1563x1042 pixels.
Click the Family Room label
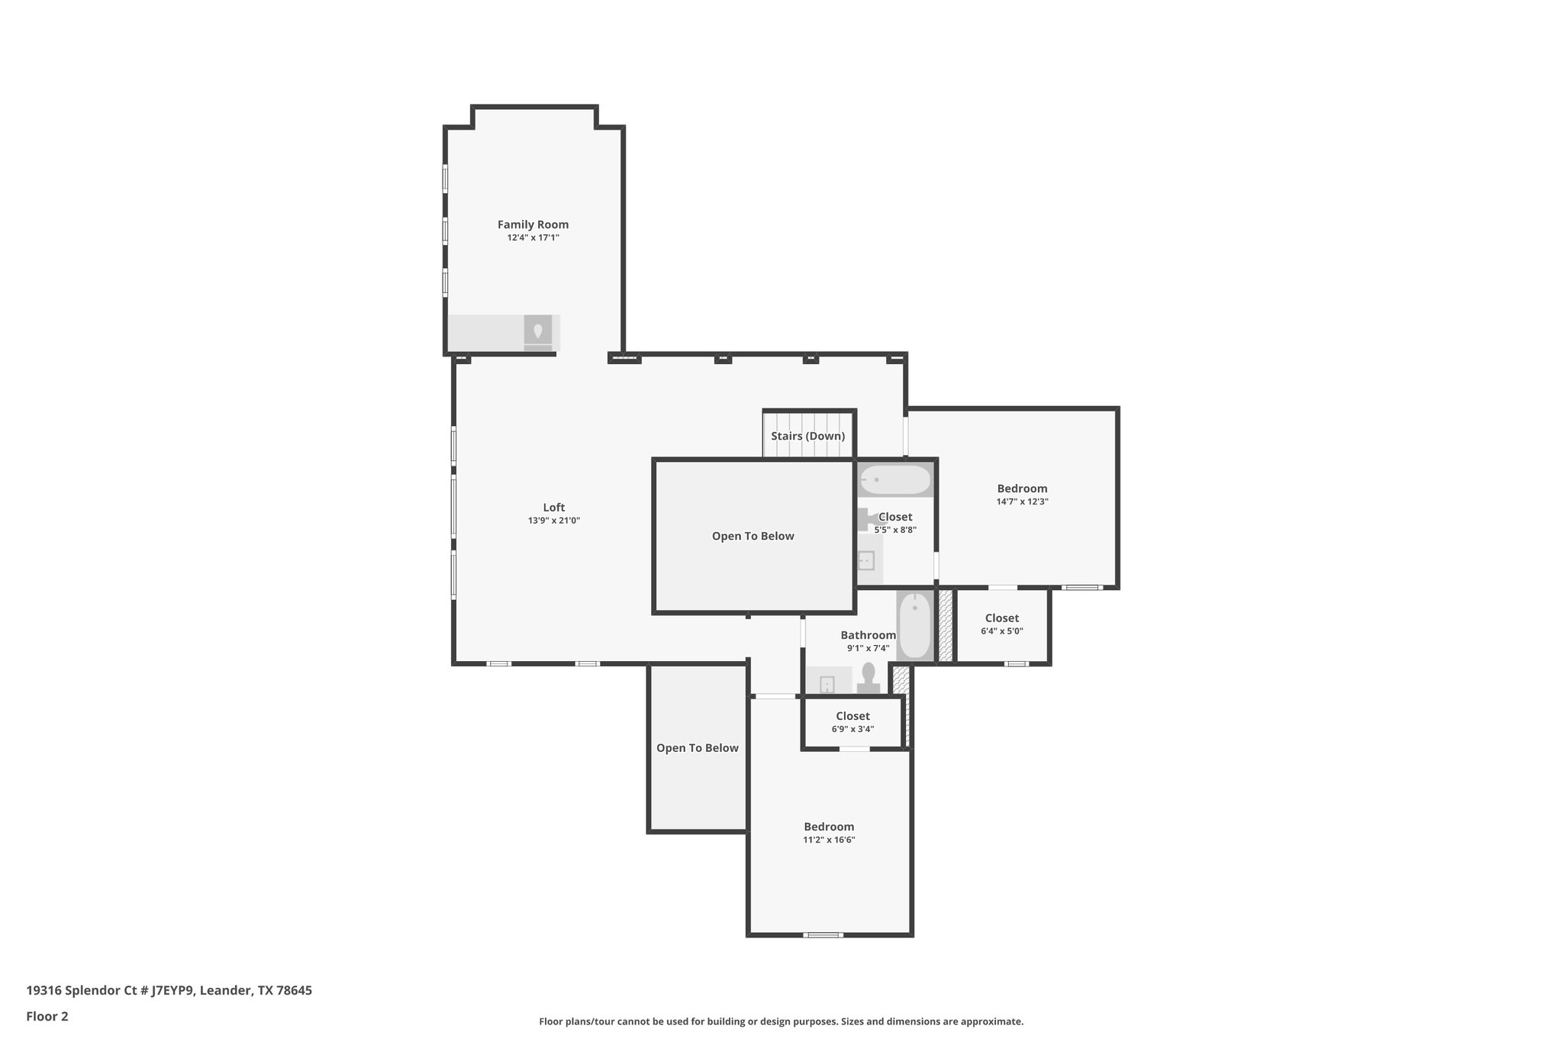coord(533,224)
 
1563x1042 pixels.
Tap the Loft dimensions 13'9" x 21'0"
coord(554,521)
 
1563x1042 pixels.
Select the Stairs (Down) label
coord(807,436)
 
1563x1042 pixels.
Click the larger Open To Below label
coord(752,536)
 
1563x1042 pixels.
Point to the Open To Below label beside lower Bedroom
coord(697,748)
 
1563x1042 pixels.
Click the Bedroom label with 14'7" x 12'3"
coord(1022,489)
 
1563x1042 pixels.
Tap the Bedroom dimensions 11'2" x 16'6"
coord(829,840)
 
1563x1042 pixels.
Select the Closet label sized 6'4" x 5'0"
coord(1001,618)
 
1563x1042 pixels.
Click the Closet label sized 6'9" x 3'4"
coord(852,716)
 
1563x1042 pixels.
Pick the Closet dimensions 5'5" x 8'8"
coord(895,530)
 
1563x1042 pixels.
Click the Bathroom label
coord(868,635)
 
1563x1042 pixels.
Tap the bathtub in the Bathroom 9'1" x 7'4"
coord(914,627)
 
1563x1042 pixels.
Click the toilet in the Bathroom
coord(869,677)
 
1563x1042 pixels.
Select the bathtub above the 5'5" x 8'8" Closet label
coord(895,480)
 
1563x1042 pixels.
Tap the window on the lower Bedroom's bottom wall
coord(823,934)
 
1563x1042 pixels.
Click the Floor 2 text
coord(47,1016)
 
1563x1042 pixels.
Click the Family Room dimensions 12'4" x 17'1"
coord(533,238)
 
